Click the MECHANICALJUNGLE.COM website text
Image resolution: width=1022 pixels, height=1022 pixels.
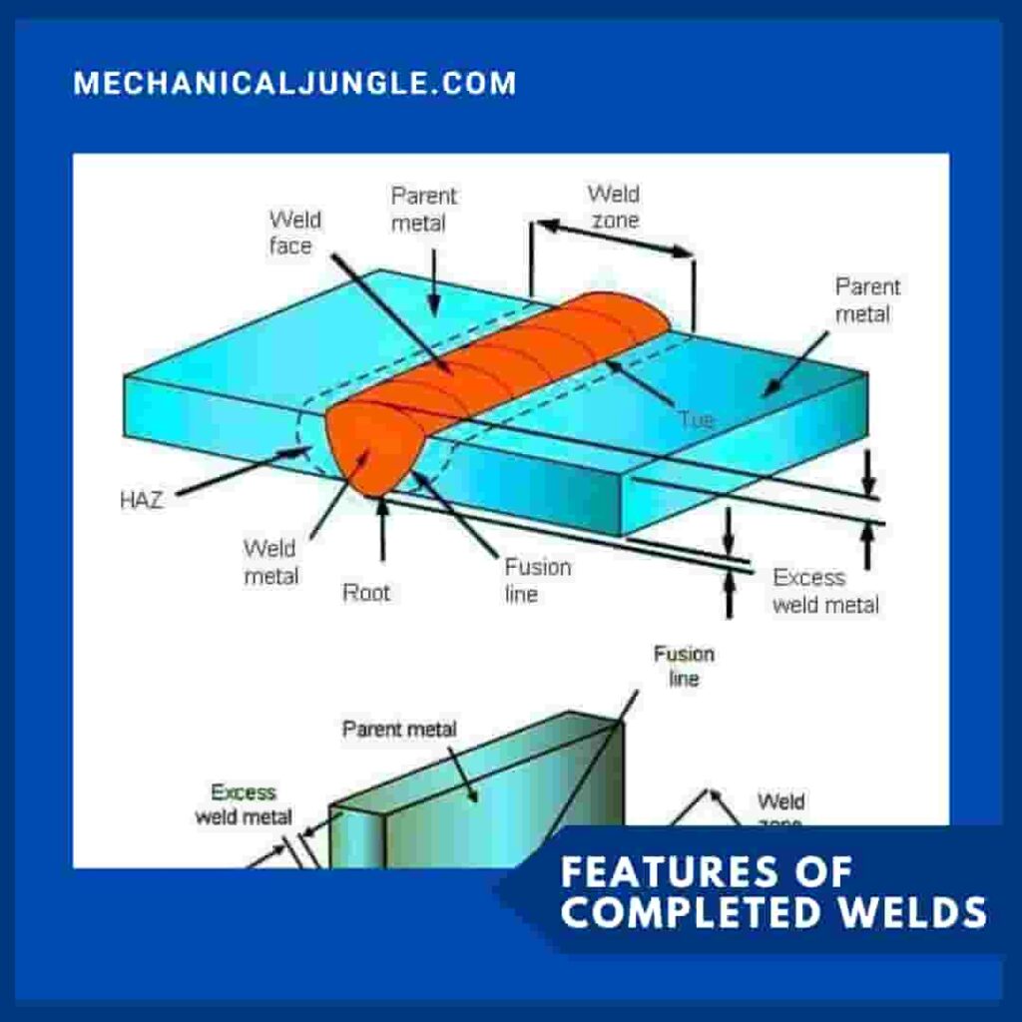tap(294, 83)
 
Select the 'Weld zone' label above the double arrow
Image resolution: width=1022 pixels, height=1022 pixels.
tap(613, 206)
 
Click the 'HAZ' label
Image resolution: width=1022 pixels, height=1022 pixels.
tap(141, 501)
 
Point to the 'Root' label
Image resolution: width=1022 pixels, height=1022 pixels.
tap(366, 593)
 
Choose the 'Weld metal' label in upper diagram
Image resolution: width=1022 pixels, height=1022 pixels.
tap(270, 562)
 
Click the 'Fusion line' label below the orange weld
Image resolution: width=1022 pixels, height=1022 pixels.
tap(537, 580)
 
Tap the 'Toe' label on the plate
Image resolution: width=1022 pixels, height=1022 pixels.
tap(696, 420)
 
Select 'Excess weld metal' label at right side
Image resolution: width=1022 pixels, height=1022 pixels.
tap(825, 591)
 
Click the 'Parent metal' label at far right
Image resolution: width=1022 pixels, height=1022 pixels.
tap(867, 300)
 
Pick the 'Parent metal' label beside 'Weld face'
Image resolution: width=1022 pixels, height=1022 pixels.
tap(424, 209)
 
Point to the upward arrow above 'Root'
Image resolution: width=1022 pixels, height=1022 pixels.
tap(381, 529)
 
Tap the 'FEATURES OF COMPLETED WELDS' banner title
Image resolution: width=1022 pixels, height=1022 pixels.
tap(772, 892)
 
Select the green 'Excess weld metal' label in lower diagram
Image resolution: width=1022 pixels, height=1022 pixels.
tap(244, 804)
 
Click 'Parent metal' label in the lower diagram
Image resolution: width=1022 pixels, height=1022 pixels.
tap(399, 730)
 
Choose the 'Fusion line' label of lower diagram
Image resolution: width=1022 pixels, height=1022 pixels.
tap(684, 666)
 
